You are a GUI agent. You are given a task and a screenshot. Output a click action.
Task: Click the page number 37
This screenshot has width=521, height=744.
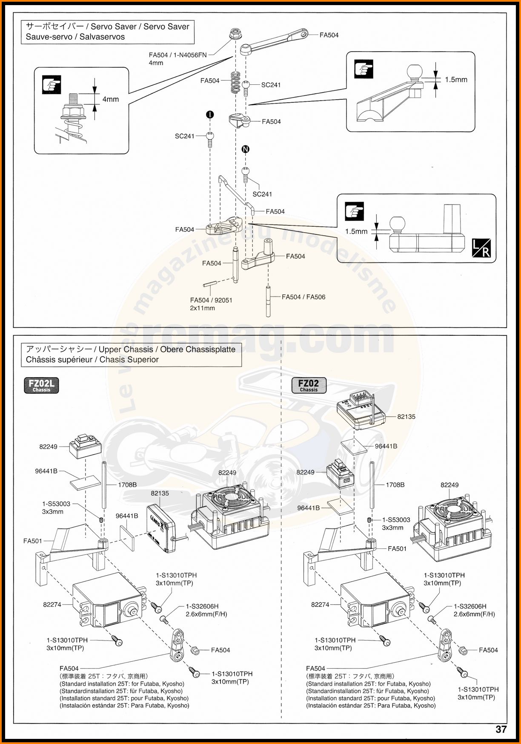coord(501,729)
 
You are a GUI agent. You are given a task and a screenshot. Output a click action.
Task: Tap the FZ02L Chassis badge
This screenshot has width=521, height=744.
coord(41,385)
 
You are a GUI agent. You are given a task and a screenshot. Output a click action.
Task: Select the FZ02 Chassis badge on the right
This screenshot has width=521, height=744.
coord(309,385)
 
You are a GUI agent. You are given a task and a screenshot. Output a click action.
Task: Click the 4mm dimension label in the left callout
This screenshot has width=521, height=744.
coord(111,99)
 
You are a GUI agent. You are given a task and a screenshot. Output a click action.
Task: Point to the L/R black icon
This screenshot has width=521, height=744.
coord(481,248)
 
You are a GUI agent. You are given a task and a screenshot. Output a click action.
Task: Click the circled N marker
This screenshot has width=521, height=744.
coord(245,149)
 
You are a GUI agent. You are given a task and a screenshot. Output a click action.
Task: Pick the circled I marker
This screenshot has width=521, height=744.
coord(210,115)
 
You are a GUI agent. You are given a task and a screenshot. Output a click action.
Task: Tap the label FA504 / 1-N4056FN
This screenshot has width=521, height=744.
coord(177,55)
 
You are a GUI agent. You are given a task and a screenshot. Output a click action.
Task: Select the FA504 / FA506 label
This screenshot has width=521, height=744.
coord(303,297)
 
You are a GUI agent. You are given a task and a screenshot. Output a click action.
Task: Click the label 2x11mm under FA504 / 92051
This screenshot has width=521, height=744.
coord(202,308)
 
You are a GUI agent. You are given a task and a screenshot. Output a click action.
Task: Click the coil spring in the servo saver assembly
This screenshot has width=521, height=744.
coord(235,82)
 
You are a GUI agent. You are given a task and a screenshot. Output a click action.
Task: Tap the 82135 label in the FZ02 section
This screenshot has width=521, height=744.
coord(406,417)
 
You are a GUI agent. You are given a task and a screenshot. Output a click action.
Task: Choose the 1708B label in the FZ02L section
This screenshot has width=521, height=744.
coord(127,484)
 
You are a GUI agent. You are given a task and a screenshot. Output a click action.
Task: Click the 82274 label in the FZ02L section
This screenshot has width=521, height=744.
coord(52,604)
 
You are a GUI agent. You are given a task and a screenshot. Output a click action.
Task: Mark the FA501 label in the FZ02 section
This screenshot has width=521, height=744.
coord(397,548)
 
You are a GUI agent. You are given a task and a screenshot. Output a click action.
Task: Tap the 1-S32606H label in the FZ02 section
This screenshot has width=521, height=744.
coord(470,606)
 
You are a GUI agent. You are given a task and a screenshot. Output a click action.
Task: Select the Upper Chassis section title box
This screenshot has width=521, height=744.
coord(131,355)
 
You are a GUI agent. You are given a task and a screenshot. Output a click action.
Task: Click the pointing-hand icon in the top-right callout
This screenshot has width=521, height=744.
coord(364,69)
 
